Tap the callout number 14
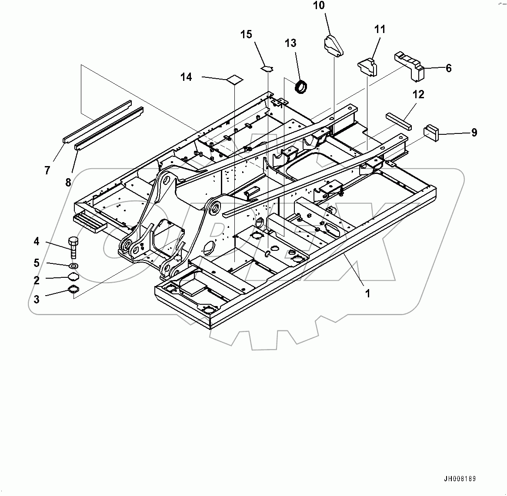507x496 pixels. click(186, 77)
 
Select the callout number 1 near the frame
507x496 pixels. click(367, 293)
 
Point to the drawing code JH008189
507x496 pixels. click(460, 479)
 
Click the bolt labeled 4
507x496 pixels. click(73, 247)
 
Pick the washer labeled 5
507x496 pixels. click(73, 265)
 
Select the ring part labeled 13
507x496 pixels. click(301, 86)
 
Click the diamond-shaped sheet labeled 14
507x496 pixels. click(235, 80)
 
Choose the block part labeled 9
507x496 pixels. click(431, 132)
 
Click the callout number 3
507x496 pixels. click(37, 299)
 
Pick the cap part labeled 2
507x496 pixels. click(73, 278)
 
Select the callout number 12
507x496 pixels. click(418, 94)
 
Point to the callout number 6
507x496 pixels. click(448, 68)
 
